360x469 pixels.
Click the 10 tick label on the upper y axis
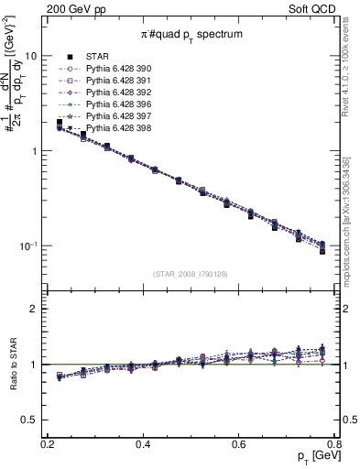point(31,56)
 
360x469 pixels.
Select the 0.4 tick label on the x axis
point(143,444)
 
